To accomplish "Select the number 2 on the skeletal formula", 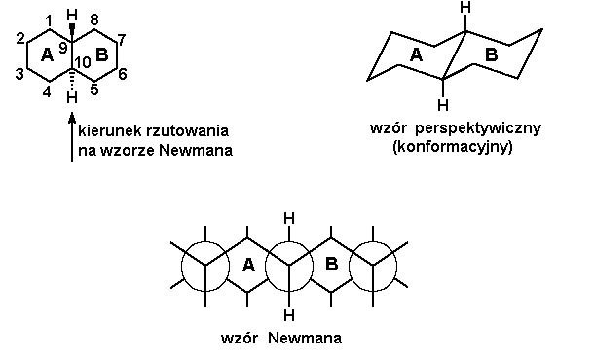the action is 20,39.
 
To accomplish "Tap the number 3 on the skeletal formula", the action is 20,74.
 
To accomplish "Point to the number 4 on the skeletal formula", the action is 47,94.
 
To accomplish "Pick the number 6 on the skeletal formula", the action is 124,74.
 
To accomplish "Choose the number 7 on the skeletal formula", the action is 124,39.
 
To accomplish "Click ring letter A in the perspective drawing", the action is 416,56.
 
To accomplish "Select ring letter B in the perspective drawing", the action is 491,56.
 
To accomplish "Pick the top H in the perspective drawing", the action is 466,10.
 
